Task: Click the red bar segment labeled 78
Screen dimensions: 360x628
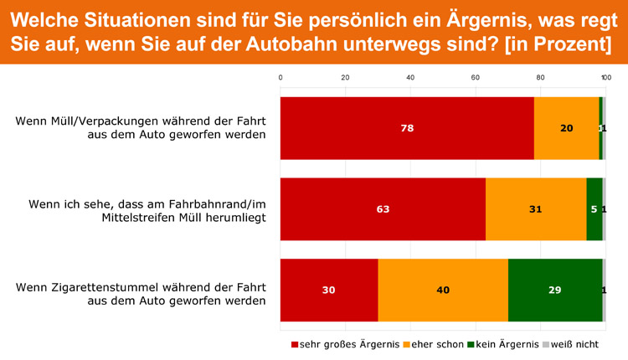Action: click(x=407, y=128)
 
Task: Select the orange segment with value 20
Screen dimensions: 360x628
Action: click(x=566, y=128)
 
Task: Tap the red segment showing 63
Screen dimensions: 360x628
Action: click(x=383, y=209)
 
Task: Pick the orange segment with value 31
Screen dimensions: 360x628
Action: click(x=536, y=209)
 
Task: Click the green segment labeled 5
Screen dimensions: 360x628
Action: click(x=594, y=209)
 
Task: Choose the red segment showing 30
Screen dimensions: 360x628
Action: click(x=329, y=290)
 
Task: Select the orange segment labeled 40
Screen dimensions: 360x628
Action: click(x=443, y=290)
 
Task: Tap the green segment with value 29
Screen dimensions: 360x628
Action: click(x=554, y=290)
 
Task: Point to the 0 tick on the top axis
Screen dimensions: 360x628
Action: click(x=281, y=78)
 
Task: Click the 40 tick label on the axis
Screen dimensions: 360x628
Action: click(x=410, y=78)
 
